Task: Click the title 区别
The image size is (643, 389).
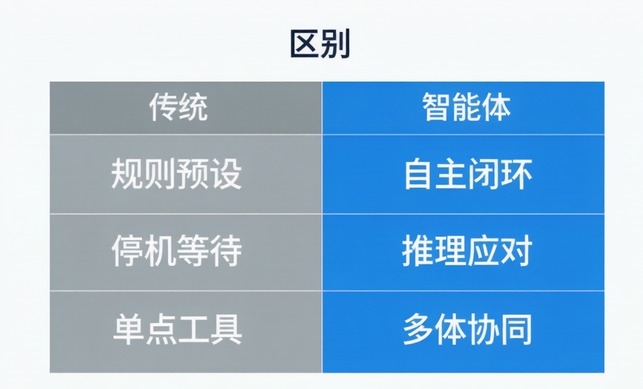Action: pyautogui.click(x=320, y=44)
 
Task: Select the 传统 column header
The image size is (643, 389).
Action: pyautogui.click(x=178, y=107)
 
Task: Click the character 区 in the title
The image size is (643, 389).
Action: pyautogui.click(x=305, y=44)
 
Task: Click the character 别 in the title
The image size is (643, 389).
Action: pyautogui.click(x=336, y=44)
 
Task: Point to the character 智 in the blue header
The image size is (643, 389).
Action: pyautogui.click(x=437, y=107)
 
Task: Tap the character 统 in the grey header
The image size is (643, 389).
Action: pyautogui.click(x=194, y=107)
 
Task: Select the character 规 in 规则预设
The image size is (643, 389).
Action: pyautogui.click(x=127, y=174)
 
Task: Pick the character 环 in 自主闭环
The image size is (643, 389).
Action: pyautogui.click(x=517, y=174)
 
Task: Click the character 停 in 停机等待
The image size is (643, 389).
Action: pyautogui.click(x=127, y=251)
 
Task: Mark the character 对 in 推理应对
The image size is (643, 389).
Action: pyautogui.click(x=517, y=251)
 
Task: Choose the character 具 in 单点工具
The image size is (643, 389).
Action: pyautogui.click(x=226, y=329)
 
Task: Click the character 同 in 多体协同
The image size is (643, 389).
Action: pyautogui.click(x=517, y=329)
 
